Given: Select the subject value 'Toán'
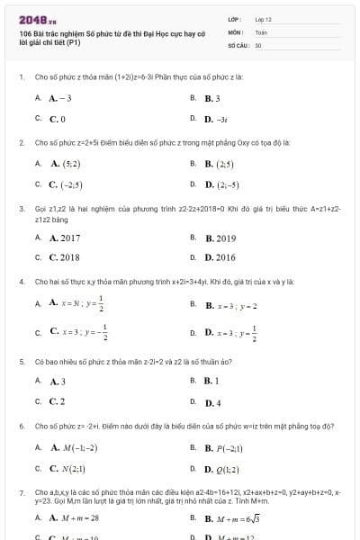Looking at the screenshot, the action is click(261, 31).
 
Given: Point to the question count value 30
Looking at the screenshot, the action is click(258, 44).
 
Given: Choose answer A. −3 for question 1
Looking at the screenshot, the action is click(60, 98).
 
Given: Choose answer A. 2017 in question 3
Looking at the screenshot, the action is click(64, 238).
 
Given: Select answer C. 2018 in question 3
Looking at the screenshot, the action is click(64, 257).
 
